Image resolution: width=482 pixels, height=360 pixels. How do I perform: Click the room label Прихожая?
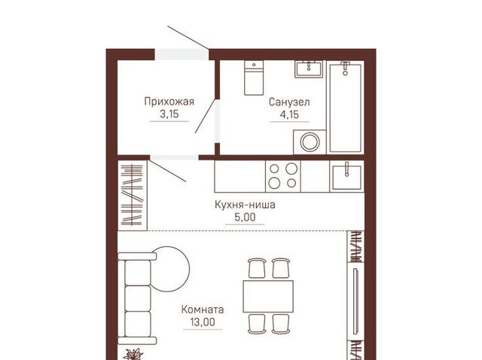169,102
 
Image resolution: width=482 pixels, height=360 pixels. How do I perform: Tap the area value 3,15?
169,114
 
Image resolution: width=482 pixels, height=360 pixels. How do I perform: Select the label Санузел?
289,102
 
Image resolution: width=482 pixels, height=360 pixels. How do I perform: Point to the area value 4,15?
289,114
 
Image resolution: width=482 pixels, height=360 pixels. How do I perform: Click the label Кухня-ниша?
245,204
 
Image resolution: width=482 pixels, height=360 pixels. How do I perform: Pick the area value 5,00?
245,218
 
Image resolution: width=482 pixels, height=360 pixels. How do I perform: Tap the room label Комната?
203,309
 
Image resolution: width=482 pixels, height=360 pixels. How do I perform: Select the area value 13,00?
203,322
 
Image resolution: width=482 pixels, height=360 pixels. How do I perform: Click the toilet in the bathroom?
254,78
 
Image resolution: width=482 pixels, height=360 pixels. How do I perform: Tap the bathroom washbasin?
309,69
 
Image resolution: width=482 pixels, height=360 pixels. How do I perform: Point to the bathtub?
345,107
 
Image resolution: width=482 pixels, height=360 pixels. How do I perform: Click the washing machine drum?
310,142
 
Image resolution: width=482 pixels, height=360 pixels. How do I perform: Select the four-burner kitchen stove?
283,176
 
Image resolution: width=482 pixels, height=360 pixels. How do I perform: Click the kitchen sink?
346,176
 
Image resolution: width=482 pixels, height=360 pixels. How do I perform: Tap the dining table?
268,297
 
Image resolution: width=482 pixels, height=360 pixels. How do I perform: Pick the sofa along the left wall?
137,298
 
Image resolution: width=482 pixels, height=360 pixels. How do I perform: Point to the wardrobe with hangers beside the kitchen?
133,195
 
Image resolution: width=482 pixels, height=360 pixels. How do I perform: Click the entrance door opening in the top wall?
182,54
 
